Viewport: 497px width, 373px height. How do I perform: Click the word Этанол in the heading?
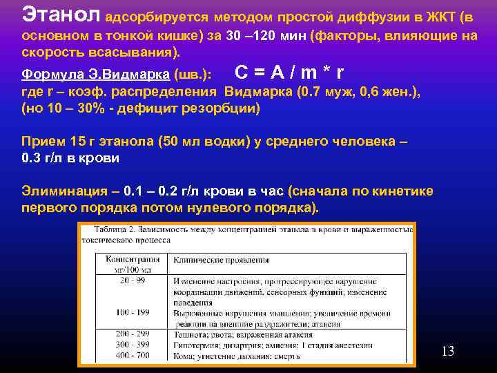(62, 13)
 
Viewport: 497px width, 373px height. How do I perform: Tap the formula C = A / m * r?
(289, 72)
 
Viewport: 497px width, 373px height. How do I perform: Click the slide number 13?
(447, 352)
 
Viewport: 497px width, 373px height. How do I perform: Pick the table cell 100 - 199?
(133, 312)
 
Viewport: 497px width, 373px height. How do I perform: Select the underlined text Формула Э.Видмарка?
(97, 74)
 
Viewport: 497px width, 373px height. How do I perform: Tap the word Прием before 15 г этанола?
(43, 142)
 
